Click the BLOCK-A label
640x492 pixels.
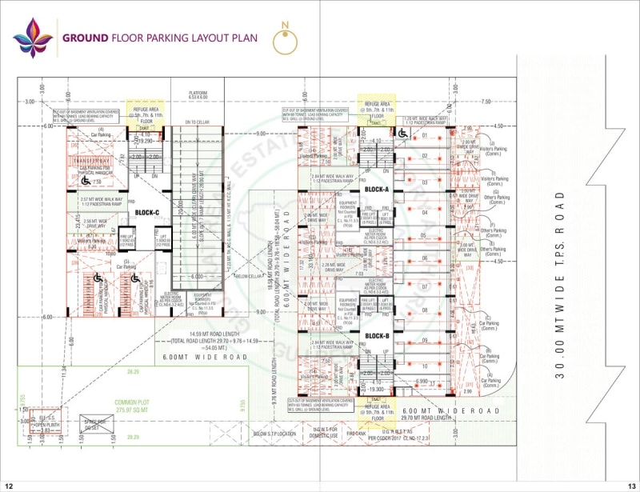376,189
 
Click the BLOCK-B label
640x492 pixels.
376,335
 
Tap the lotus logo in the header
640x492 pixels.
33,37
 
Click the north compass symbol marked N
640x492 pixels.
286,41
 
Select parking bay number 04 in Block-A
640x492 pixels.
425,213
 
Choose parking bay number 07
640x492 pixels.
425,286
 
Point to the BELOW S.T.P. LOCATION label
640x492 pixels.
274,434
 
